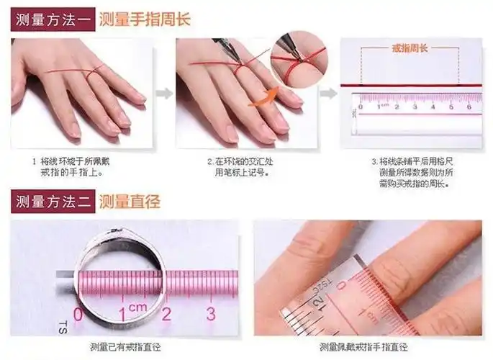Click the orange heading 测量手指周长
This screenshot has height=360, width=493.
click(144, 19)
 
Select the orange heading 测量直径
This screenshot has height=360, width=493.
click(129, 202)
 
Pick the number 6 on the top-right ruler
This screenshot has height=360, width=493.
click(469, 107)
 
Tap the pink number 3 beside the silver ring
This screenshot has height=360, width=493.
click(211, 313)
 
